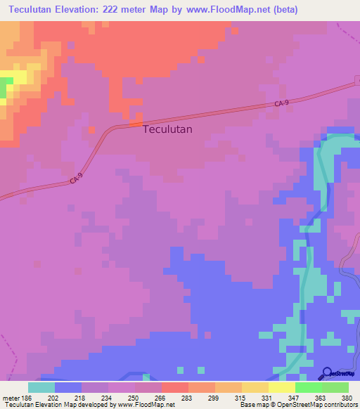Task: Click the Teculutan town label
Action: point(167,129)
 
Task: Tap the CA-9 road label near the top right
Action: point(282,104)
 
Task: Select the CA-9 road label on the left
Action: point(77,180)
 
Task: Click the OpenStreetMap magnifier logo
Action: point(327,373)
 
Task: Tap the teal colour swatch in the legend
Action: point(41,387)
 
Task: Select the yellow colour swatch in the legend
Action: point(282,387)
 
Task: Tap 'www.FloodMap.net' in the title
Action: point(231,10)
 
